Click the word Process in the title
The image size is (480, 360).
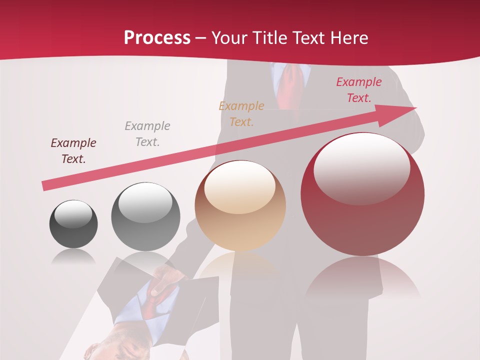[157, 38]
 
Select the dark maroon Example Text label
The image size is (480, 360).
[73, 151]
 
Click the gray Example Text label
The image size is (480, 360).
[147, 134]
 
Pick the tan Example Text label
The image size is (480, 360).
[241, 113]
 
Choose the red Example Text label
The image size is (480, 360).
[359, 90]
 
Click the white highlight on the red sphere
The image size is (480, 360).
[361, 167]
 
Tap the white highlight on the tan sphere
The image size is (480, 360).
[240, 187]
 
